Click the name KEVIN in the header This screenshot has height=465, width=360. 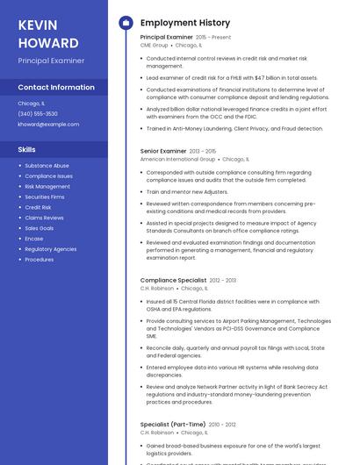tap(38, 25)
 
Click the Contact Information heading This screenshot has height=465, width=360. tap(56, 88)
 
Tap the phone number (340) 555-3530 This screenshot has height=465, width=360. tap(38, 113)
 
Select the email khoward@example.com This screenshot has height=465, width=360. tap(48, 124)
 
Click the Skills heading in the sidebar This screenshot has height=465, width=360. tap(26, 149)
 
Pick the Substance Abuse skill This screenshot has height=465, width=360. tap(47, 165)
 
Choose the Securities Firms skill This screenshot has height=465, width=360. tap(45, 197)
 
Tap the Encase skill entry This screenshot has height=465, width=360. tap(34, 239)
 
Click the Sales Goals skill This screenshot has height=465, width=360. tap(40, 228)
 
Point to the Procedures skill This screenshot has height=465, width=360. tap(40, 260)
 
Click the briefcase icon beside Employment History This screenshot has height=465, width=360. tap(126, 23)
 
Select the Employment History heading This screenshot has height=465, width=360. tap(185, 23)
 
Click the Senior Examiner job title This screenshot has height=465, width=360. tap(163, 151)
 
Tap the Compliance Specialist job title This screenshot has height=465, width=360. tap(174, 280)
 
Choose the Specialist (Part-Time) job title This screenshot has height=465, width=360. tap(173, 425)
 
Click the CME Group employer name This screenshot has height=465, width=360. tap(154, 45)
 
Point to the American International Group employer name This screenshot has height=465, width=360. tap(177, 160)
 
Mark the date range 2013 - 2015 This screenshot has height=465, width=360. tap(203, 151)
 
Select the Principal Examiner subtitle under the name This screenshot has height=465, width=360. tap(51, 61)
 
